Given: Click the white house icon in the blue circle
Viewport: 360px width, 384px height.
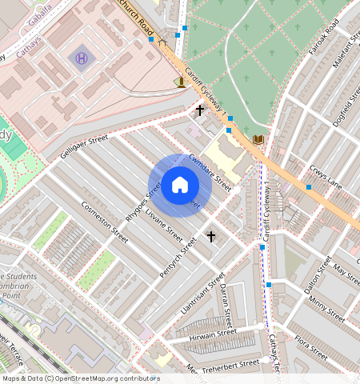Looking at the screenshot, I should coord(180,186).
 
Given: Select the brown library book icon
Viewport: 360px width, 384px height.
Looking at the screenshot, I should coord(258,140).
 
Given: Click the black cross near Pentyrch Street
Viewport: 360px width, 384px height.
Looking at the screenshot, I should coord(211,236).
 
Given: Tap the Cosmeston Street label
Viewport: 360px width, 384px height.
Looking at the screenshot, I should coord(105,222).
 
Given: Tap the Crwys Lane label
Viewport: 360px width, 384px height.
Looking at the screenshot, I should coord(324,177).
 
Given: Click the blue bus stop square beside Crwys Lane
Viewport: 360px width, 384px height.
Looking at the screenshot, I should coord(309,187).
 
